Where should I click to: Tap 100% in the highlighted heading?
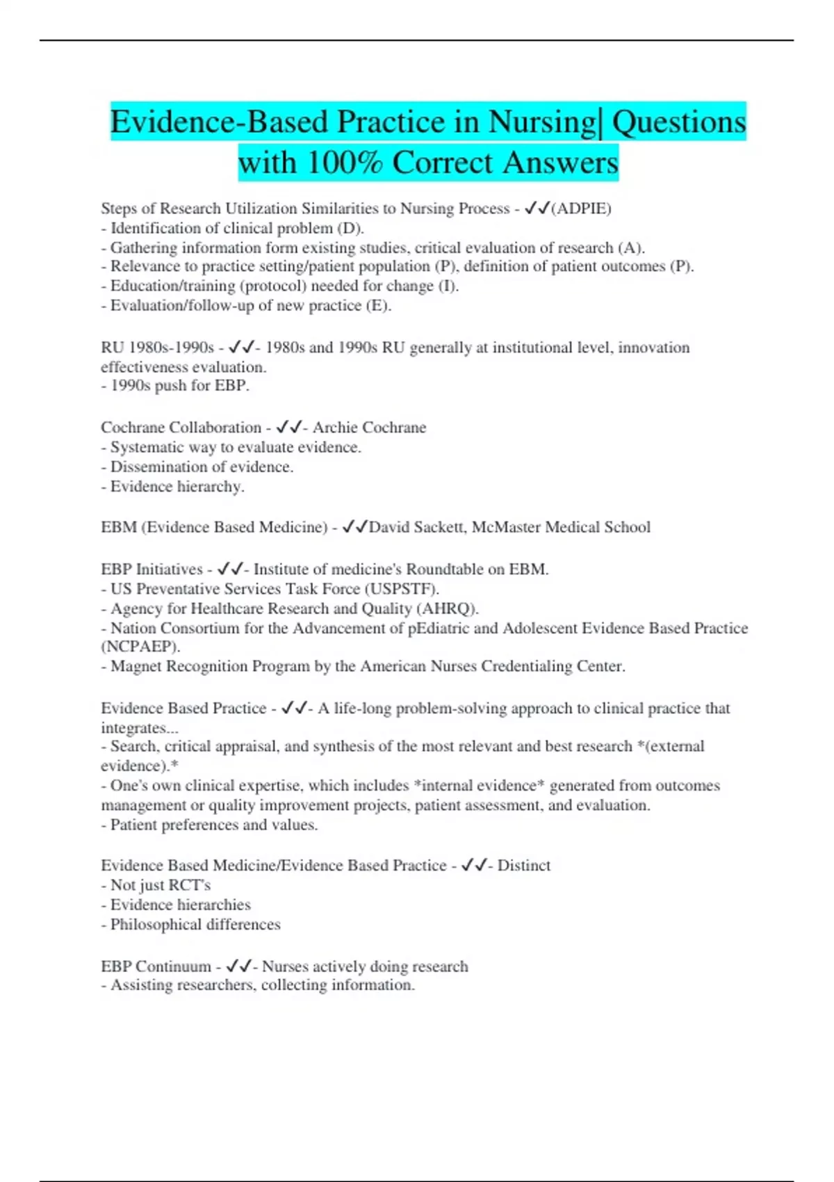pyautogui.click(x=344, y=163)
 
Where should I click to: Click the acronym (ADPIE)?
pyautogui.click(x=581, y=209)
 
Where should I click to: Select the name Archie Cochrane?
pyautogui.click(x=369, y=428)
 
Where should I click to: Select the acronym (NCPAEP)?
pyautogui.click(x=140, y=647)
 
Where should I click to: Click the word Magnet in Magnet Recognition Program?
pyautogui.click(x=134, y=667)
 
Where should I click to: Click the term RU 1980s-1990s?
pyautogui.click(x=157, y=348)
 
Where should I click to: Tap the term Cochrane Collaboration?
pyautogui.click(x=181, y=428)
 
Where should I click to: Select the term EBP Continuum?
pyautogui.click(x=156, y=966)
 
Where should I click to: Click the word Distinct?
pyautogui.click(x=523, y=866)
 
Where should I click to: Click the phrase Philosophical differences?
pyautogui.click(x=195, y=925)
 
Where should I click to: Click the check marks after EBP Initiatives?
pyautogui.click(x=229, y=569)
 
